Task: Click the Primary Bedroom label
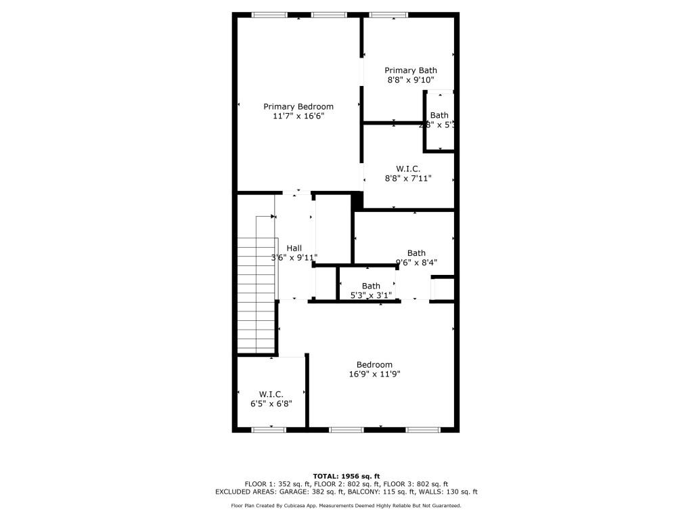298,106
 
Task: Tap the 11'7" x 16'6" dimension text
298,116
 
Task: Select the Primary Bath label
411,70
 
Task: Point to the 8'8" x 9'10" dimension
411,80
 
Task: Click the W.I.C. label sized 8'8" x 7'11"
408,169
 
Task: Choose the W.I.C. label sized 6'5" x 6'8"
271,394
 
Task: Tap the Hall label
294,248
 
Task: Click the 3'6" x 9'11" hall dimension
294,258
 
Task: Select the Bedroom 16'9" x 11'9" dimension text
374,374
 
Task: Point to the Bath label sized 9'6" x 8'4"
416,253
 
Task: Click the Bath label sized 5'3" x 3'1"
371,286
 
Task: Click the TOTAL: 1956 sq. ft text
346,476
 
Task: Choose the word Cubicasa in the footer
314,506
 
